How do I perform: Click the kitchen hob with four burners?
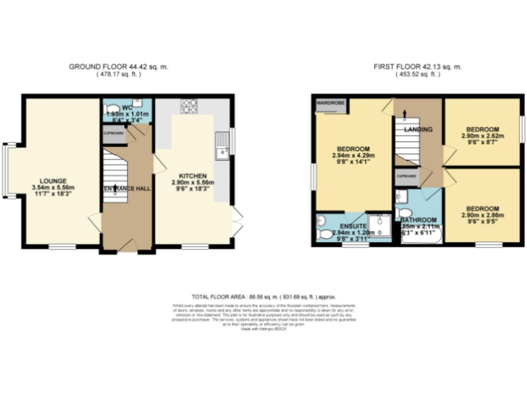click(x=189, y=106)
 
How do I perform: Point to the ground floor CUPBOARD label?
click(x=114, y=133)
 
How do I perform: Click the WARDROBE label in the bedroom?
click(x=331, y=104)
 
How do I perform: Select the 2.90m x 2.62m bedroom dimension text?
click(x=485, y=136)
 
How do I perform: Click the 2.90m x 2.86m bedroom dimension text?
click(x=485, y=215)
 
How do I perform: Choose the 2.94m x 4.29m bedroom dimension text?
click(x=353, y=156)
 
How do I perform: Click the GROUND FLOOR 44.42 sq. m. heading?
click(x=118, y=67)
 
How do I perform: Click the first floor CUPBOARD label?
click(x=406, y=176)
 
